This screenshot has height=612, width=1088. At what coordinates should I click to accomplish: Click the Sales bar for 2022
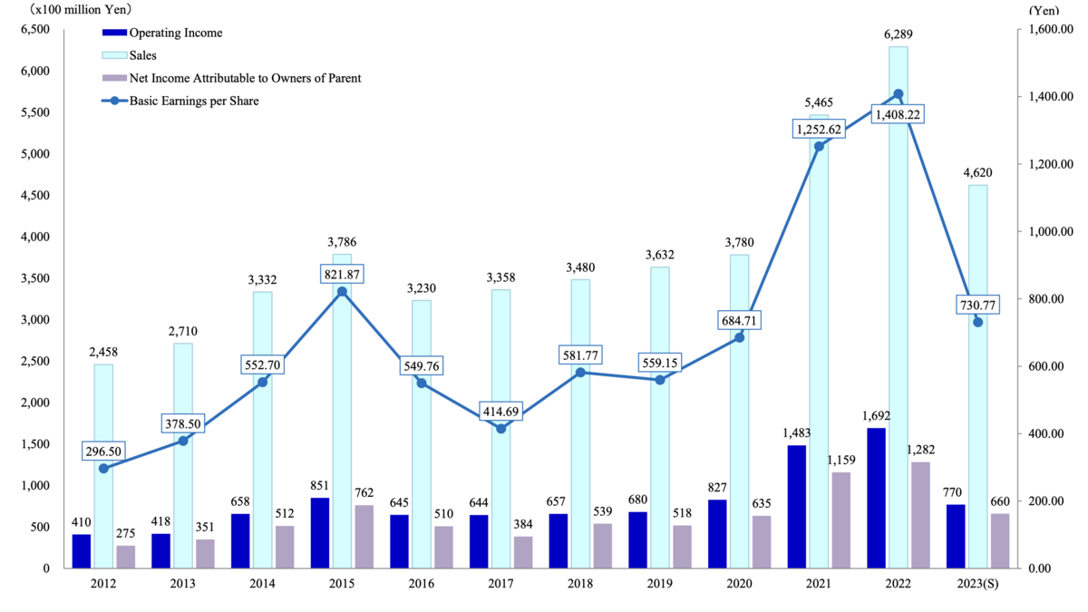tap(899, 307)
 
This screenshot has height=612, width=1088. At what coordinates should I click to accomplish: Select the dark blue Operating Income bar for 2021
tap(797, 507)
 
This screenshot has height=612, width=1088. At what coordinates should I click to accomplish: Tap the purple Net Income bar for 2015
tap(364, 536)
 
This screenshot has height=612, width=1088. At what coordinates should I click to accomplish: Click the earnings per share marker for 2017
tap(500, 428)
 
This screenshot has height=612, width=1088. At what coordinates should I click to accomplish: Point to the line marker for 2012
tap(103, 468)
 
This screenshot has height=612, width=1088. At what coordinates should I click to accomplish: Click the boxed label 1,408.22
tap(898, 114)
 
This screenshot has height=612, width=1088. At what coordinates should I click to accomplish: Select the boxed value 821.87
tap(342, 275)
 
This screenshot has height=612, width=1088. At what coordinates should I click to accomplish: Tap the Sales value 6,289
tap(899, 34)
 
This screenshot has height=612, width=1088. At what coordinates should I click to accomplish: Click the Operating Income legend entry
tap(162, 33)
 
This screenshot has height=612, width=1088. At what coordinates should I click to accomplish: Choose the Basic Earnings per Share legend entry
tap(180, 101)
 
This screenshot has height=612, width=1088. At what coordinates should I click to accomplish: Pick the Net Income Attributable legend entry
tap(232, 78)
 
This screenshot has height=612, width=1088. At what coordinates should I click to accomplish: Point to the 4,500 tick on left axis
tap(35, 195)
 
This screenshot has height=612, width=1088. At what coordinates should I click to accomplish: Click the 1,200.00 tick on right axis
tap(1050, 164)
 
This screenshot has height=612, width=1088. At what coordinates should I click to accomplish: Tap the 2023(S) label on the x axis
tap(977, 583)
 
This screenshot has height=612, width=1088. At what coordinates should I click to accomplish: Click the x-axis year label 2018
tap(580, 583)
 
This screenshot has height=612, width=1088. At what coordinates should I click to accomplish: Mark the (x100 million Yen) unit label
tap(81, 10)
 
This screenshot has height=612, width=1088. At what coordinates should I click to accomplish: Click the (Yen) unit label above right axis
tap(1044, 10)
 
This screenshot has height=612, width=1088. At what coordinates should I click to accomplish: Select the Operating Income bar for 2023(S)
tap(956, 536)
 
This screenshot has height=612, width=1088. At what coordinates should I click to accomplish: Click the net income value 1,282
tap(921, 450)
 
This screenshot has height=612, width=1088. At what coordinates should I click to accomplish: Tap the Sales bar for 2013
tap(183, 455)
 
